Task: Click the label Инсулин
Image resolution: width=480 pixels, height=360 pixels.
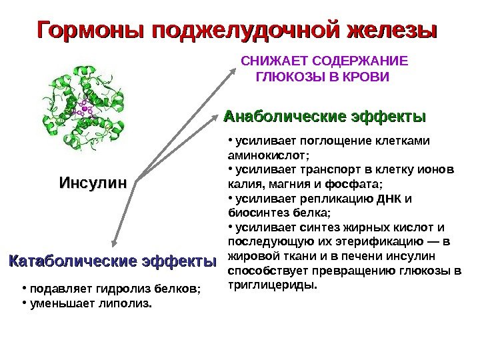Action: point(93,182)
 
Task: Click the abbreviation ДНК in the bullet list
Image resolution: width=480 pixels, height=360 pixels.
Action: point(389,199)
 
